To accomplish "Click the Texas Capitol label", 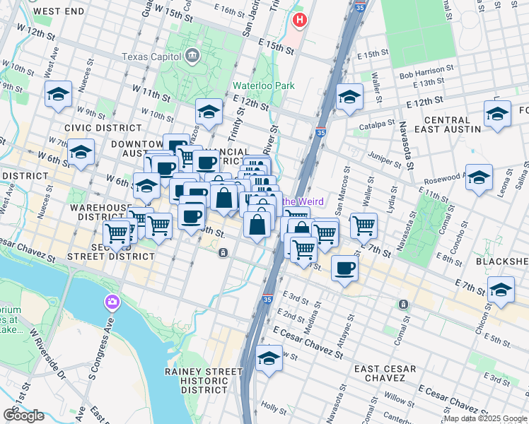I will coord(151,56).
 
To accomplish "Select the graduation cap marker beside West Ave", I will coord(59,95).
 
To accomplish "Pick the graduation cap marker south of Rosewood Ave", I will coord(479,178).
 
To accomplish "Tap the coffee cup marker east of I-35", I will coord(344,269).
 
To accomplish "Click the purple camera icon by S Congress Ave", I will coord(112,303).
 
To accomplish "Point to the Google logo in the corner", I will coord(23,416).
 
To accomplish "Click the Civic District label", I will coord(93,127).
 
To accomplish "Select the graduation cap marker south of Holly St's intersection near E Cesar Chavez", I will coord(269,358).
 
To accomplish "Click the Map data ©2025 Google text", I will coord(485,418).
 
